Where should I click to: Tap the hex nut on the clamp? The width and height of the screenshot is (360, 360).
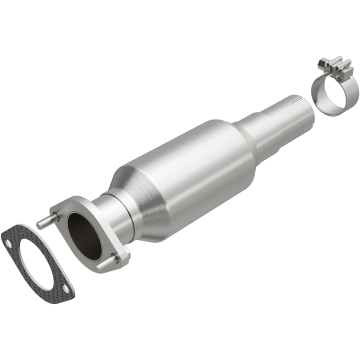click(x=321, y=64)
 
